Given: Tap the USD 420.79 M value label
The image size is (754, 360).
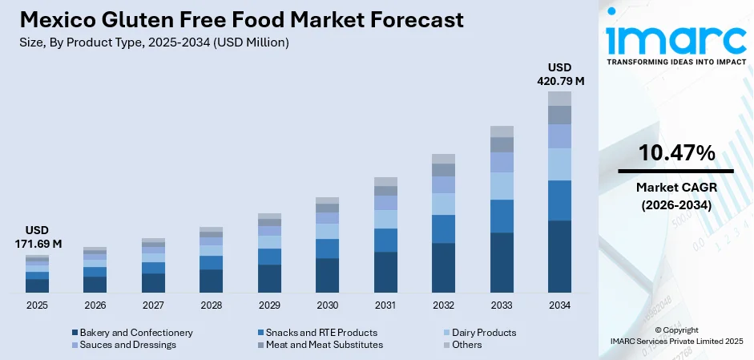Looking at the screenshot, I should point(559,74).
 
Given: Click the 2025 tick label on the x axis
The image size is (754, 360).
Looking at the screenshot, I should point(37,305).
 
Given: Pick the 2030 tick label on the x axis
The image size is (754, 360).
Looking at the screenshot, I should point(327,305).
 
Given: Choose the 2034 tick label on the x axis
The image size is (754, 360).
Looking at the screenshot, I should point(559,305).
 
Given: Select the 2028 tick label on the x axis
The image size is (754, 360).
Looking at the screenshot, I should point(211,305).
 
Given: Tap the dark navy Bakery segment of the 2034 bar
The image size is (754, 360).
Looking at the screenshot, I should point(559,257).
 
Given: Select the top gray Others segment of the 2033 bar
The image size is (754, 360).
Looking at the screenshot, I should point(502,131).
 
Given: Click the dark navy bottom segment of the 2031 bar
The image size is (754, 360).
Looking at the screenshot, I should point(385,273).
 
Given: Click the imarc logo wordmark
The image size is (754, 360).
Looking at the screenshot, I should point(675,38).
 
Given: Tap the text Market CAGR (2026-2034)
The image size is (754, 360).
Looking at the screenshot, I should point(676,196).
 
